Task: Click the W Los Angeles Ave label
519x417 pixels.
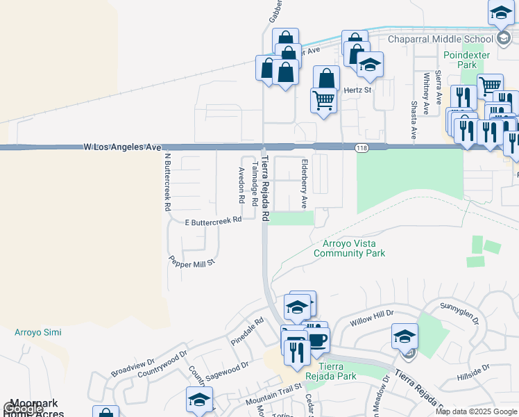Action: (122, 147)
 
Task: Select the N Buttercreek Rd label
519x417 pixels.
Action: (167, 181)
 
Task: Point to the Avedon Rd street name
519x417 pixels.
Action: (241, 184)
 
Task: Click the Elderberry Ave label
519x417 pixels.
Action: (304, 183)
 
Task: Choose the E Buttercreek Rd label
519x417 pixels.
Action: (213, 220)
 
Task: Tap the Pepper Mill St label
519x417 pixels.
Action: (193, 261)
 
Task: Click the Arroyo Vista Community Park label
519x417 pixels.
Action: (349, 248)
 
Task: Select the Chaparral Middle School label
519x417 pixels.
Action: (439, 39)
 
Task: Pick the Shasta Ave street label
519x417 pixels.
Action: (414, 120)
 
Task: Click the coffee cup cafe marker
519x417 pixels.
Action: (317, 340)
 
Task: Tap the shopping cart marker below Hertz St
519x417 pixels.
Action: (324, 100)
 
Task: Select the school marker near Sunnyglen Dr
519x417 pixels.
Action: (405, 336)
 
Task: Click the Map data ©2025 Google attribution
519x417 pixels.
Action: (477, 411)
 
